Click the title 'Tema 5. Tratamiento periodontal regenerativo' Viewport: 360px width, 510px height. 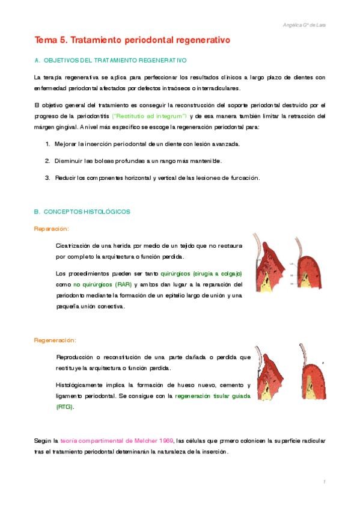point(132,40)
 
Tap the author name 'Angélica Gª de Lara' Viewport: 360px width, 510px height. point(304,25)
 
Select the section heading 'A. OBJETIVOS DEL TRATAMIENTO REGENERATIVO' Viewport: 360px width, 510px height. point(111,61)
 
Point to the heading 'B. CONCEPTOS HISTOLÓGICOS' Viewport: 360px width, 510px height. point(82,212)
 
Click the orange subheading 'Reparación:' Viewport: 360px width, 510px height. point(51,229)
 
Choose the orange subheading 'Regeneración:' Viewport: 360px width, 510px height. point(55,340)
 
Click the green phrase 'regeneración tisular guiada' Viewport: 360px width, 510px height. point(209,396)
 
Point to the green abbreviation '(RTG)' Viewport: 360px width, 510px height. point(64,407)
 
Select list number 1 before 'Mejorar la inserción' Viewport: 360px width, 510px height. point(47,144)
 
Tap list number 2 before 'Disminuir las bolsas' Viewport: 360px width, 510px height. point(47,161)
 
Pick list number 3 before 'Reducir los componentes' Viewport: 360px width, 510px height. point(47,177)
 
